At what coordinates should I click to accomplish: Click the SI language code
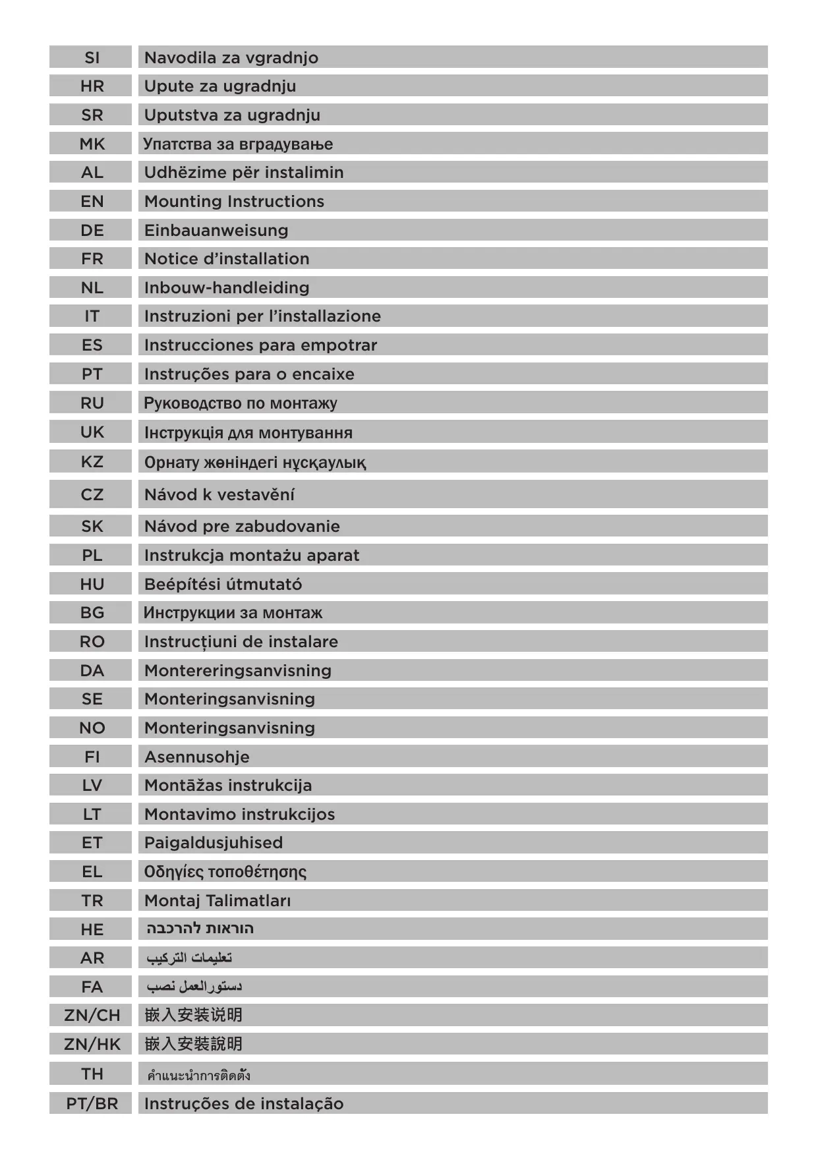pyautogui.click(x=92, y=57)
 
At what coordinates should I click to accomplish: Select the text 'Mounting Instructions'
pyautogui.click(x=234, y=201)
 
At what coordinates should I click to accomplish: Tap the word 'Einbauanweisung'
pyautogui.click(x=216, y=230)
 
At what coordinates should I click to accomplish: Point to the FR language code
pyautogui.click(x=92, y=258)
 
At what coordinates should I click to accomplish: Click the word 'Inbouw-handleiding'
pyautogui.click(x=227, y=287)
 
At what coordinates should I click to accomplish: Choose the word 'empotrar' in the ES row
pyautogui.click(x=338, y=345)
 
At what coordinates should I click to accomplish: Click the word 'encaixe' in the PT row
pyautogui.click(x=323, y=374)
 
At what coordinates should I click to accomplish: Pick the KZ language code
pyautogui.click(x=92, y=461)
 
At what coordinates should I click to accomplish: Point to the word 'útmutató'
pyautogui.click(x=264, y=584)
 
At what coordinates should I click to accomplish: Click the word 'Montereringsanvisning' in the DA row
pyautogui.click(x=238, y=670)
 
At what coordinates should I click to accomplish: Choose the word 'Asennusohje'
pyautogui.click(x=197, y=757)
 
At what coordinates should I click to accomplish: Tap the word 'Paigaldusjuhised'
pyautogui.click(x=214, y=842)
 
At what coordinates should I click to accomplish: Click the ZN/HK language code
pyautogui.click(x=92, y=1044)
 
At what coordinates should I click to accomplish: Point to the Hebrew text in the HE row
pyautogui.click(x=200, y=929)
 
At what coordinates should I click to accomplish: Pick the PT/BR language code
pyautogui.click(x=92, y=1103)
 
